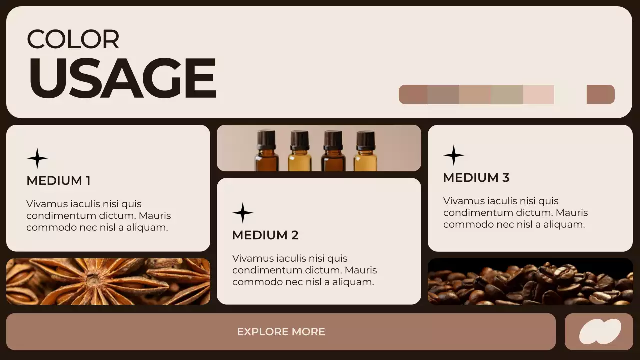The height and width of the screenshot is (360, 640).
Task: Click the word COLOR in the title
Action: (x=73, y=39)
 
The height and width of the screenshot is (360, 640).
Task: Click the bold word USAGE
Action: (x=122, y=78)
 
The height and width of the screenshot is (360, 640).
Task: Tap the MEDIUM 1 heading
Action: (x=58, y=181)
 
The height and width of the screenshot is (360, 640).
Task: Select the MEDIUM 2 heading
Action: (x=265, y=235)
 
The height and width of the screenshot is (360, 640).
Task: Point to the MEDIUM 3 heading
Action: (x=476, y=178)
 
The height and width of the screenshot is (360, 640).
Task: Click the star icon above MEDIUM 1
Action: (x=37, y=158)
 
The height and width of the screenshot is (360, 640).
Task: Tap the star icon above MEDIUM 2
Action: (x=243, y=213)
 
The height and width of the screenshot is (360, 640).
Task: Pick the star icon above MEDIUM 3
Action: (x=454, y=155)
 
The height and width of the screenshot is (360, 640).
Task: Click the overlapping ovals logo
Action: (x=600, y=332)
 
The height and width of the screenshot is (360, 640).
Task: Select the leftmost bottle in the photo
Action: (x=267, y=151)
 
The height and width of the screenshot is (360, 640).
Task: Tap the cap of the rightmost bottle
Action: (x=366, y=140)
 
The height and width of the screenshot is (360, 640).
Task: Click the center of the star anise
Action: (x=94, y=280)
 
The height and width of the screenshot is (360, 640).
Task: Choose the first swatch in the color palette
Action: (x=413, y=94)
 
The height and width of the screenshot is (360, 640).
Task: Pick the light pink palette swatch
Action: (x=538, y=94)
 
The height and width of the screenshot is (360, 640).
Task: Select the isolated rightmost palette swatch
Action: (x=600, y=94)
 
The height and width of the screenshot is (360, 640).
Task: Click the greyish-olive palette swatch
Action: (x=507, y=94)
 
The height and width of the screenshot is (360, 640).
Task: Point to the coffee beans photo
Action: (x=530, y=282)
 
